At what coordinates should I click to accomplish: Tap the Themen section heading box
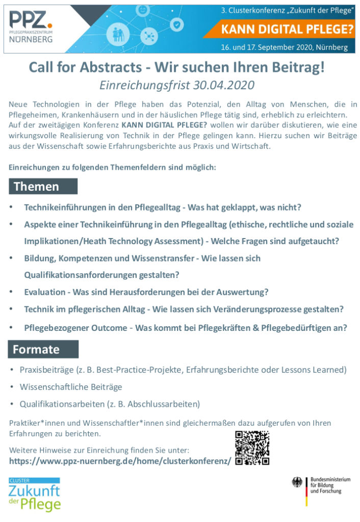click(x=43, y=187)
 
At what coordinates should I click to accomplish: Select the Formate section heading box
click(x=43, y=350)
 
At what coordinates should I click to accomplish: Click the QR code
click(x=252, y=448)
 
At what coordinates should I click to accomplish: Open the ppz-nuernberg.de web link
click(x=120, y=461)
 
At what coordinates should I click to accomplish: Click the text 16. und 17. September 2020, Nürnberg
click(x=284, y=47)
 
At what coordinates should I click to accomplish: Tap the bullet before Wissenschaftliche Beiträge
click(x=12, y=387)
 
